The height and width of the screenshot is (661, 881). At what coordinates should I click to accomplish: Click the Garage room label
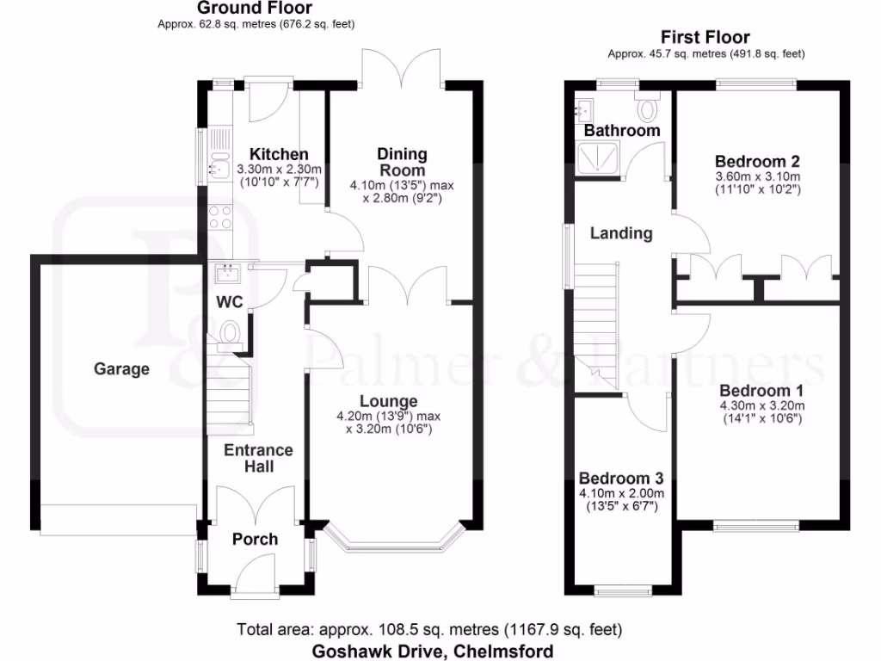[121, 369]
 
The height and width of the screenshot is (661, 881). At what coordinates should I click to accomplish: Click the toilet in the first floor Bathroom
[647, 108]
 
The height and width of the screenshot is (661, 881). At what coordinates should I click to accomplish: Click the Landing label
[620, 233]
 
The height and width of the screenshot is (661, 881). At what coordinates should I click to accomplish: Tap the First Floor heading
[705, 37]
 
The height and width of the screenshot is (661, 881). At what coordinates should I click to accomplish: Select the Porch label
[256, 539]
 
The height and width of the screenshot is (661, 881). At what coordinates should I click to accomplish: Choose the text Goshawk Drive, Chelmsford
[432, 651]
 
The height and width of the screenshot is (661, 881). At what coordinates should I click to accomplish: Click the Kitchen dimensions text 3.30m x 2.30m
[279, 170]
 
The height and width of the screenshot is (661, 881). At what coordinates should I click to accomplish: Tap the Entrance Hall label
[258, 458]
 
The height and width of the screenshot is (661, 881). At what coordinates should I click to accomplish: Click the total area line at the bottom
[429, 630]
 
